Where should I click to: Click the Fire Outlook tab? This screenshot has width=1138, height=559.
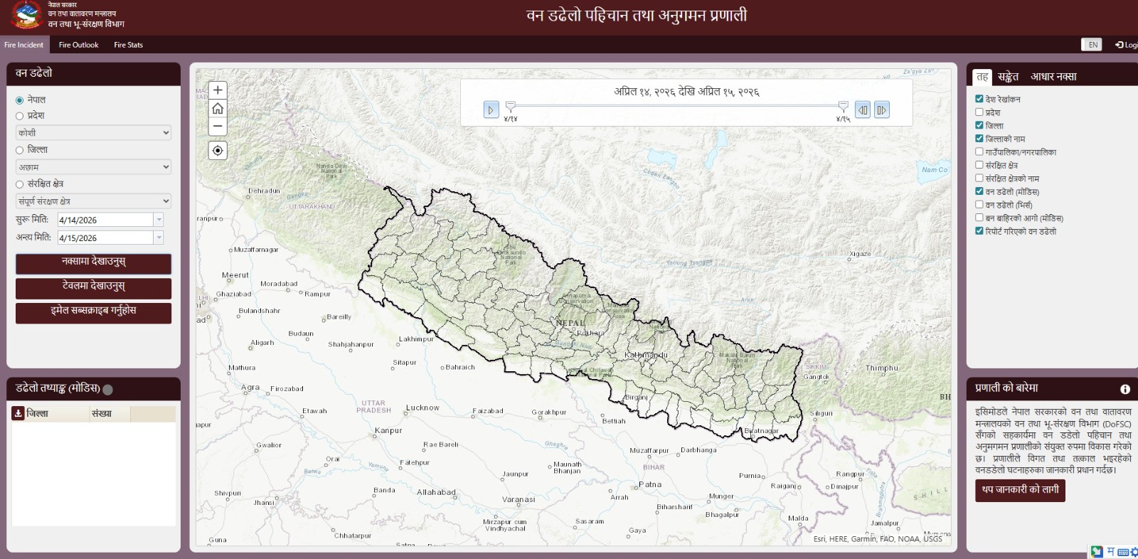pos(78,45)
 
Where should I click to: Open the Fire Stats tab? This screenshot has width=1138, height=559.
pos(128,45)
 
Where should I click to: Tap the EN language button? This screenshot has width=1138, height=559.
pos(1092,45)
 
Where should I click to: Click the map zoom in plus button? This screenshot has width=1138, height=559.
pos(218,90)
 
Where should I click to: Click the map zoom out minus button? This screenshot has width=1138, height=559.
pos(218,126)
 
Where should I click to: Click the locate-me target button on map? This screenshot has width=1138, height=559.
pos(218,151)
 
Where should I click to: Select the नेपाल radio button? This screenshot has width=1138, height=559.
pos(20,100)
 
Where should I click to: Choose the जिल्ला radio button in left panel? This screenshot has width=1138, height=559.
pos(20,150)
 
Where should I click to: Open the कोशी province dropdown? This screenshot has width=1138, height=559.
pos(93,133)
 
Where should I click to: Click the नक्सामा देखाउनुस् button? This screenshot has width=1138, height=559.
pos(93,262)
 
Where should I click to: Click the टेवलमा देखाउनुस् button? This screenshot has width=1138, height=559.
pos(93,287)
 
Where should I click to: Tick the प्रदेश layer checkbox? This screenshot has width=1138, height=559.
pos(979,112)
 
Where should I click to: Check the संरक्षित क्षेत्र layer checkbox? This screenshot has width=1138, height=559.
pos(979,165)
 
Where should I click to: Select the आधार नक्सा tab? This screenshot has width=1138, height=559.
pos(1053,77)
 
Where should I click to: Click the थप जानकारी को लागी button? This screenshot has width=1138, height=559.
pos(1020,490)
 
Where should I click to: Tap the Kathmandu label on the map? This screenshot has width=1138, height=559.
pos(646,355)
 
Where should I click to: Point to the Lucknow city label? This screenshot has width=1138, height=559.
pos(422,408)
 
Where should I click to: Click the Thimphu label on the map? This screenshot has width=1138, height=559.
pos(881,368)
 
